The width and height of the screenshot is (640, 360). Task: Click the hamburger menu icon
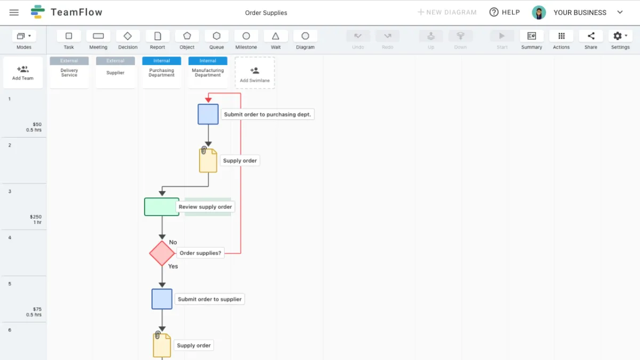[x=14, y=12]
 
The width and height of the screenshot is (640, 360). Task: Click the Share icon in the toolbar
[x=590, y=36]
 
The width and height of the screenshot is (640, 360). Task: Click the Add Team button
[x=23, y=73]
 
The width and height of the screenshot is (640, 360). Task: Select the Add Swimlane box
[x=254, y=73]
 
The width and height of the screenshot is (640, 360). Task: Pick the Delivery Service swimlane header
[x=69, y=73]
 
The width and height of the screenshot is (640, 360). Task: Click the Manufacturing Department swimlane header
[x=207, y=73]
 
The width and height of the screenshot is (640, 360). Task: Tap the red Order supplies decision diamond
[x=162, y=253]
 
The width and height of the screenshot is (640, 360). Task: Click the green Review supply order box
[x=162, y=207]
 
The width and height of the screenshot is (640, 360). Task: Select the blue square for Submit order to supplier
[x=162, y=299]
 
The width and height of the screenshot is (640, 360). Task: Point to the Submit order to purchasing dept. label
[x=267, y=114]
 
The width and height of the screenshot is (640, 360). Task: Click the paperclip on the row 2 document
[x=204, y=150]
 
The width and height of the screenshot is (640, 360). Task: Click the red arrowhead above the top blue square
[x=209, y=99]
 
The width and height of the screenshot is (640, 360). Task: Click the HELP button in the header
[x=505, y=12]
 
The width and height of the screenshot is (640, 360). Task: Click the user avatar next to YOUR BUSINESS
[x=539, y=13]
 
